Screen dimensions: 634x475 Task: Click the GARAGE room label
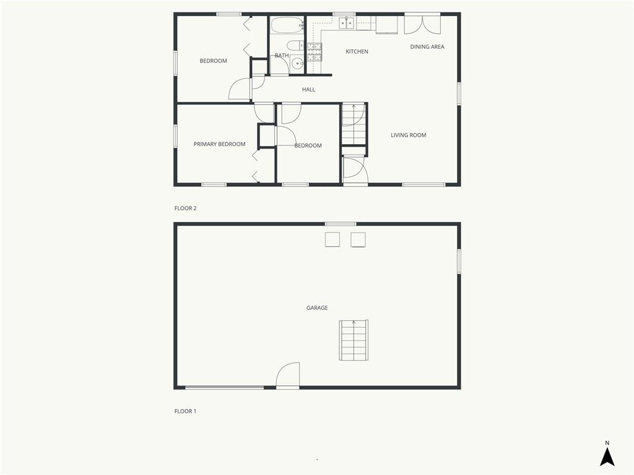coord(317,308)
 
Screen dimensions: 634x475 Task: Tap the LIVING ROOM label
coord(409,135)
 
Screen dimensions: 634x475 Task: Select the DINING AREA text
coord(427,47)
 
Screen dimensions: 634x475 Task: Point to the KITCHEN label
coord(357,52)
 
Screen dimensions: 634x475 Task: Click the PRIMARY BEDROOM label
coord(219,144)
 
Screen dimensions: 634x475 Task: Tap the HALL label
coord(308,90)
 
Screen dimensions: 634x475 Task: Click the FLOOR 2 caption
coord(185,208)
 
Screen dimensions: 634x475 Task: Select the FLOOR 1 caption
coord(185,411)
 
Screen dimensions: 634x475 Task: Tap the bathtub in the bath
coord(287,25)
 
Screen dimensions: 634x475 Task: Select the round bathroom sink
coord(298,64)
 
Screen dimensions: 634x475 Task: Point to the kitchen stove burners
coord(314,52)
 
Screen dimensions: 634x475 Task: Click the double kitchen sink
coord(346,24)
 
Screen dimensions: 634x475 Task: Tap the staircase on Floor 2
coord(354,124)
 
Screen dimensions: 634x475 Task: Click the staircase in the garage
coord(354,340)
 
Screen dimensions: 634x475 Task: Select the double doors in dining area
coord(422,25)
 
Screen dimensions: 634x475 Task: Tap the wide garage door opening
coord(224,388)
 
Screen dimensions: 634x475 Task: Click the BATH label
coord(282,56)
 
